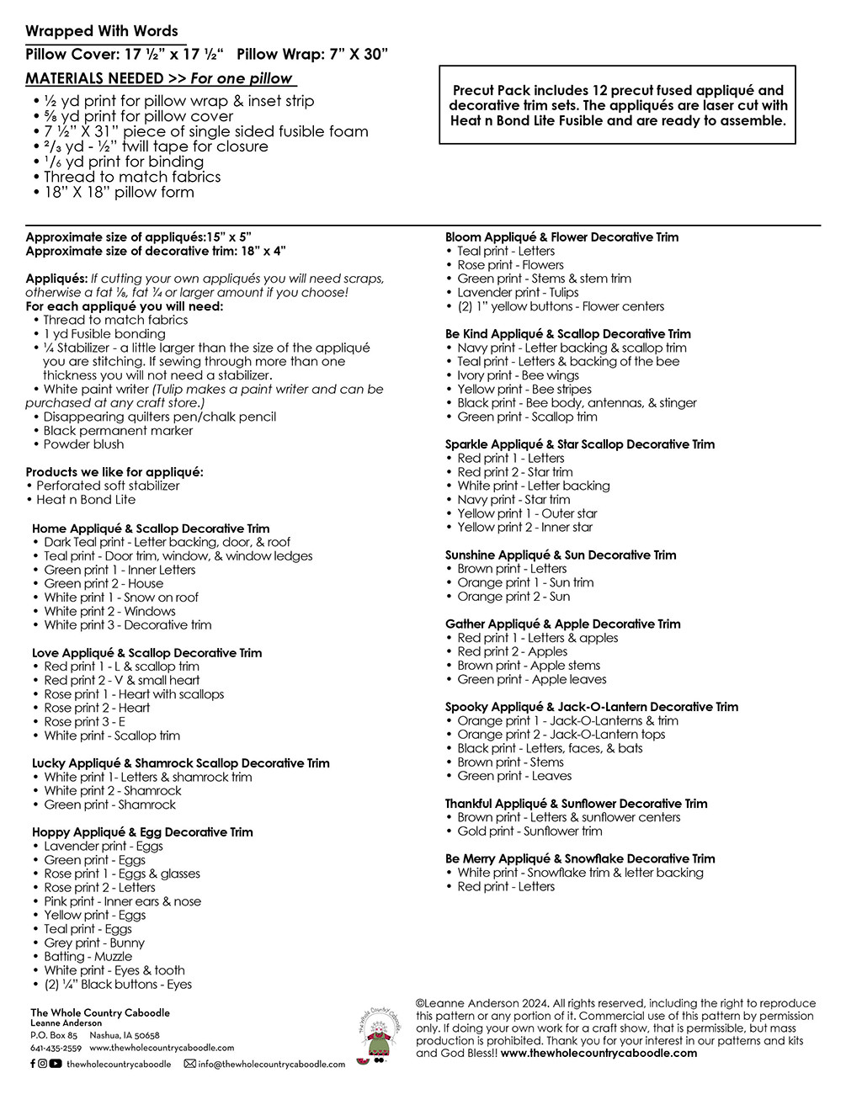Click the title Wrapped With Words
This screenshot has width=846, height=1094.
click(x=102, y=31)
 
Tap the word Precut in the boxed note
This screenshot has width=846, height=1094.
click(x=473, y=90)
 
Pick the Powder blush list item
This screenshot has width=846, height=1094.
click(x=83, y=444)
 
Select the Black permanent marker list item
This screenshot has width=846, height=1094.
click(x=118, y=430)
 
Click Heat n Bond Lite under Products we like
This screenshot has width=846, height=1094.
click(x=85, y=500)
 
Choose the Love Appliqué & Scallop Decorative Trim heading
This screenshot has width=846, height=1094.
click(x=146, y=652)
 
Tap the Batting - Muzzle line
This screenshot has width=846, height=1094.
click(x=88, y=957)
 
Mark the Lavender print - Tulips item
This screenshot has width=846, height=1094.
click(x=518, y=292)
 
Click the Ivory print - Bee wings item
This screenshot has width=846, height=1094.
click(x=518, y=375)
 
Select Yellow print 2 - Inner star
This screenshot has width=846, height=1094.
click(x=524, y=527)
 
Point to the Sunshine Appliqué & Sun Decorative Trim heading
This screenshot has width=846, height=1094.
click(x=561, y=555)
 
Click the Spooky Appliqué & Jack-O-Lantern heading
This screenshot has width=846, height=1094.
click(x=591, y=707)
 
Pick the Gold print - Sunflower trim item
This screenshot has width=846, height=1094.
click(x=529, y=831)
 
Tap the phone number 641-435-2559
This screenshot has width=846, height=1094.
click(x=56, y=1049)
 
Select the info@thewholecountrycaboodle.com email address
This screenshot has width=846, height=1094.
click(x=271, y=1065)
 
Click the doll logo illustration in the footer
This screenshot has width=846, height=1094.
click(x=374, y=1037)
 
